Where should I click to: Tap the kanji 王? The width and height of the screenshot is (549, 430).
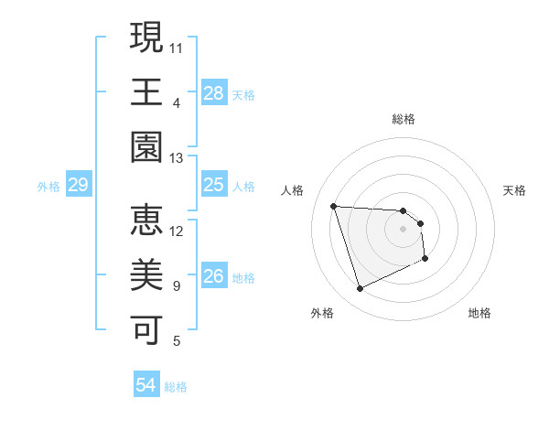point(146,92)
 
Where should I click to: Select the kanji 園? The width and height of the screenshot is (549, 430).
point(146,147)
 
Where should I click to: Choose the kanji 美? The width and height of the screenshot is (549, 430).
point(146,275)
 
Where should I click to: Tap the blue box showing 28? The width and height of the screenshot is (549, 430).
point(214,92)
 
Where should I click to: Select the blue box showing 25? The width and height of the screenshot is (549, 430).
point(214,185)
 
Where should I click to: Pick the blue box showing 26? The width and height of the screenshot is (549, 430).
point(214,276)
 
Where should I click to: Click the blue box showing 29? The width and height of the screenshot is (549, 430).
point(78,186)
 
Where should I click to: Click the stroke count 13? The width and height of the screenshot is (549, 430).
point(177,158)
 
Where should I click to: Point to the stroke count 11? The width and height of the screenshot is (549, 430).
point(177,46)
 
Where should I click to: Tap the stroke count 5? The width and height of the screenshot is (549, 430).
point(177,342)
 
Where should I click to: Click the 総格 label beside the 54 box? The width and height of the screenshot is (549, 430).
point(177,387)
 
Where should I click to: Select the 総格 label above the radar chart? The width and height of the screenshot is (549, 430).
point(404,119)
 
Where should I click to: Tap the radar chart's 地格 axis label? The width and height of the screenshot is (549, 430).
point(479,313)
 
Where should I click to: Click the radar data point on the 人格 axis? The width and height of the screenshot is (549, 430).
point(334,206)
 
